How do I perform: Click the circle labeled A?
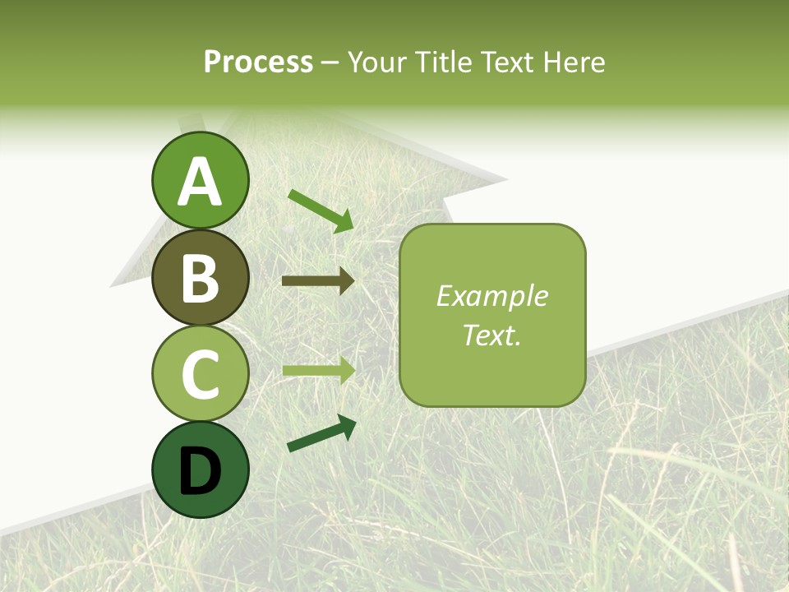(200, 181)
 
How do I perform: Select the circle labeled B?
(200, 277)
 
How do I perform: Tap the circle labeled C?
(200, 374)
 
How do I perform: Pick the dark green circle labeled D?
(200, 470)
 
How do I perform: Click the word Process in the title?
(258, 62)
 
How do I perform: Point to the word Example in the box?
(491, 296)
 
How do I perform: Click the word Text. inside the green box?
(491, 335)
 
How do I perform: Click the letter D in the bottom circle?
(200, 472)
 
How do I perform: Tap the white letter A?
(200, 182)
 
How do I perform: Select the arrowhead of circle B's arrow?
(346, 281)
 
